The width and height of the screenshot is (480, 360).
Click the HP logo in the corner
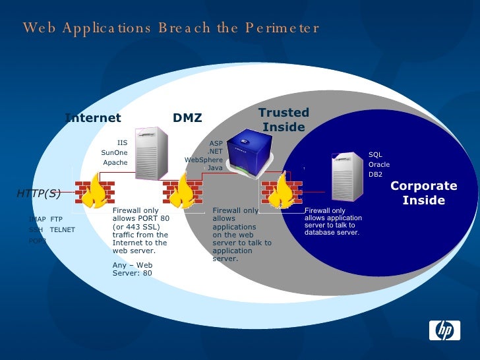click(x=444, y=328)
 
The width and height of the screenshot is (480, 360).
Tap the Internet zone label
click(x=93, y=118)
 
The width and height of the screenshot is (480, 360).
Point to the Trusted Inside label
click(x=284, y=119)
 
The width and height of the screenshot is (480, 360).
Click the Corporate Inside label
click(x=423, y=193)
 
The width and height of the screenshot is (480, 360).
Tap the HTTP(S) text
click(x=39, y=193)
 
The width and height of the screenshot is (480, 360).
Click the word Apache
click(x=115, y=163)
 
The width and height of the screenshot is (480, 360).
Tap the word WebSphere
click(x=204, y=160)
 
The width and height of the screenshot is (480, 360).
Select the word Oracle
click(x=379, y=164)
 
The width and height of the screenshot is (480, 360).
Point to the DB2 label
click(x=375, y=175)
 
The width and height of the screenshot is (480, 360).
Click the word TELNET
click(x=63, y=229)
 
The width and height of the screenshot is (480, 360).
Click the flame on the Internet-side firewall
click(x=98, y=191)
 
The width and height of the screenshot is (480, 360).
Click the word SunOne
click(x=114, y=153)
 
